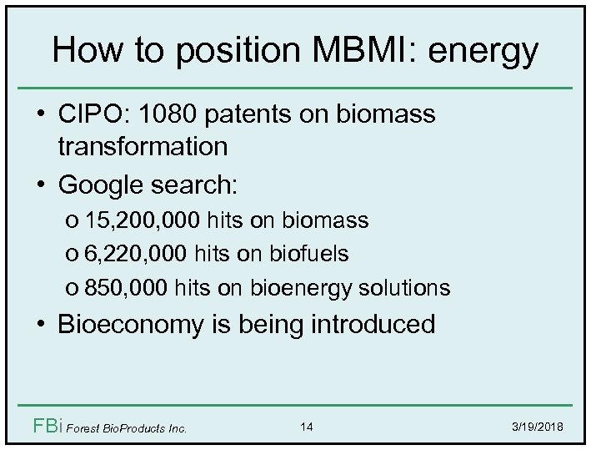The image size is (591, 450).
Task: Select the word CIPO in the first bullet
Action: (x=91, y=114)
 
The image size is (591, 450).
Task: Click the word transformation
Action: (x=143, y=147)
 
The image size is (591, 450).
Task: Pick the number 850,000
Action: (x=128, y=288)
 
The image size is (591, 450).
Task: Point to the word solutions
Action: (x=405, y=288)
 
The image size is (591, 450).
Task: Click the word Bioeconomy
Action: (x=133, y=325)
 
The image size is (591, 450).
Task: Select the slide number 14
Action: (x=307, y=427)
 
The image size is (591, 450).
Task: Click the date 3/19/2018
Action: (x=536, y=427)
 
